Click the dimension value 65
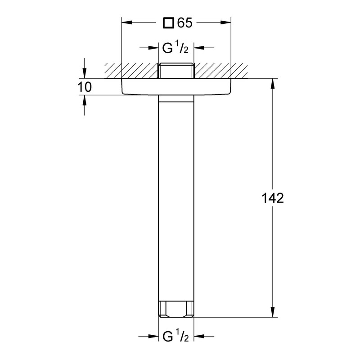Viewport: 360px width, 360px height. pos(184,22)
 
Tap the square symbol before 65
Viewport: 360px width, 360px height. pos(168,22)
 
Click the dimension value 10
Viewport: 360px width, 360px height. pos(84,87)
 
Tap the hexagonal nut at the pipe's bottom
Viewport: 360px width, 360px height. pos(176,310)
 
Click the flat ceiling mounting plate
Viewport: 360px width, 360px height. pos(176,86)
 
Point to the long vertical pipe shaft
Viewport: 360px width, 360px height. pos(176,198)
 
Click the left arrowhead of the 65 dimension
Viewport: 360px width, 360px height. pos(126,22)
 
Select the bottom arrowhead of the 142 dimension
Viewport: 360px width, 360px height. pos(272,312)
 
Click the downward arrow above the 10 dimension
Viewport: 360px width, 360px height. pos(84,74)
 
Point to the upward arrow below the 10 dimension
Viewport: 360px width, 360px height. pos(84,99)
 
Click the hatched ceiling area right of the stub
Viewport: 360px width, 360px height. pos(220,70)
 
